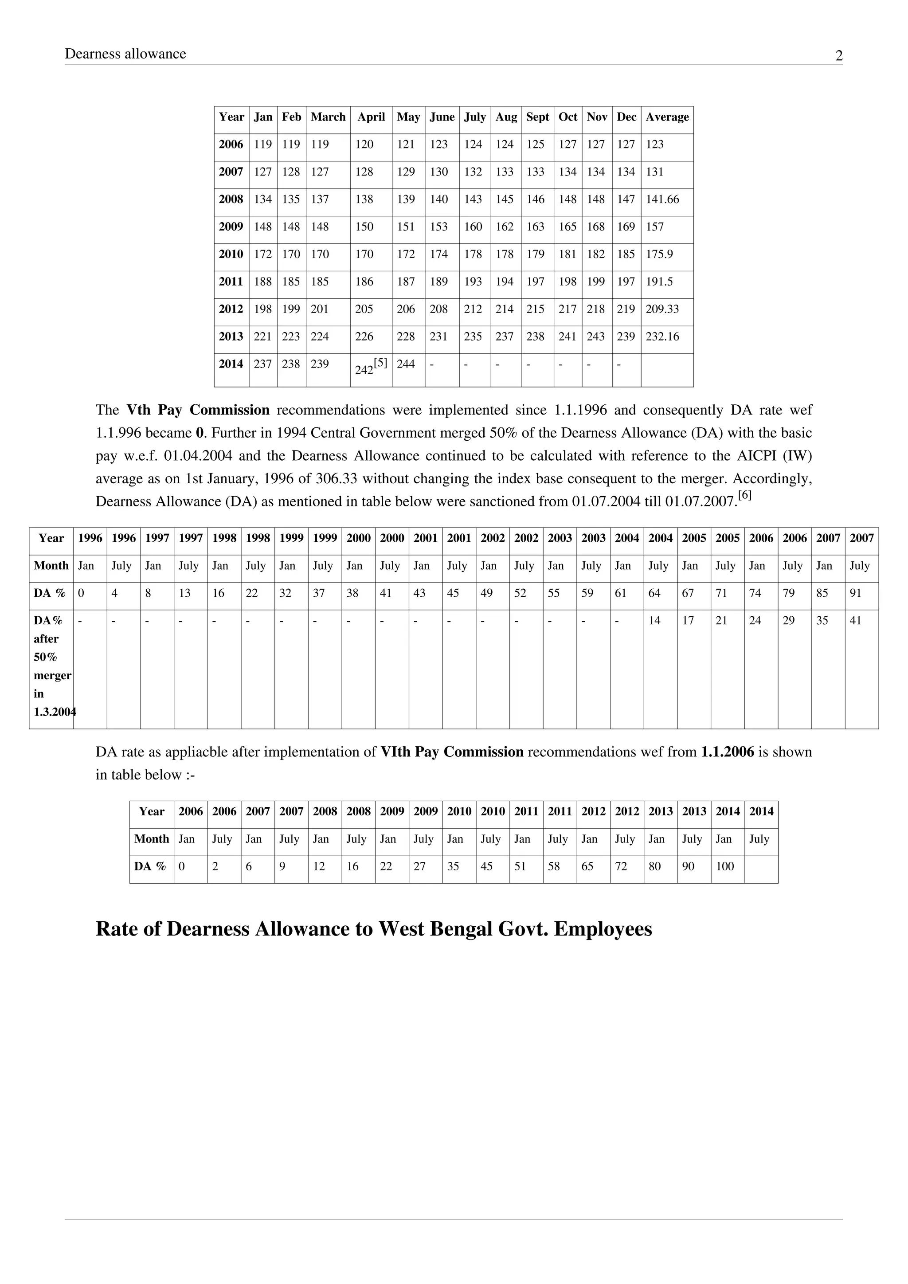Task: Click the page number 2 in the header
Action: tap(839, 56)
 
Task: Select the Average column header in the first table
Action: tap(667, 117)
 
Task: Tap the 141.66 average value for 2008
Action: tap(662, 199)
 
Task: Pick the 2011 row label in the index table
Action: tap(231, 281)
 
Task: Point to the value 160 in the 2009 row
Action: tap(473, 227)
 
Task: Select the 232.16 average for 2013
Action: tap(662, 336)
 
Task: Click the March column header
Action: tap(328, 117)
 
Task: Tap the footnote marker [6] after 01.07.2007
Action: tap(745, 495)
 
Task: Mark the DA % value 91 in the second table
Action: tap(855, 593)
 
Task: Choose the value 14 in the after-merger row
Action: tap(654, 620)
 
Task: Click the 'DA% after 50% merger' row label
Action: tap(51, 665)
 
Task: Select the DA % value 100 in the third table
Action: tap(724, 866)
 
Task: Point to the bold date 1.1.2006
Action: tap(727, 752)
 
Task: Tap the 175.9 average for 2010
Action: tap(659, 254)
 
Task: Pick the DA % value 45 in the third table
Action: tap(486, 866)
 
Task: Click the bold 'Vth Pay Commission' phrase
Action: tap(198, 410)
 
